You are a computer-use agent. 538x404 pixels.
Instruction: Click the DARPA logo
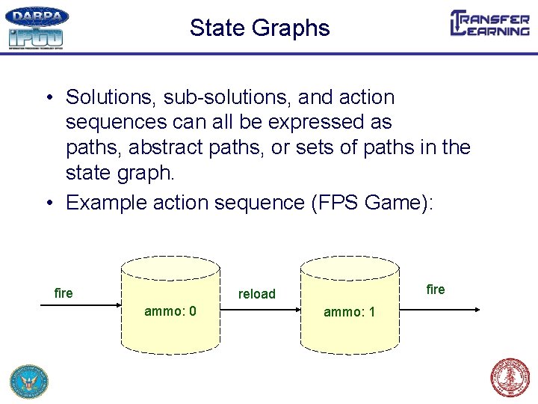click(x=37, y=17)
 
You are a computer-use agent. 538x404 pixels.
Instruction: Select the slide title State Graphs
click(x=259, y=28)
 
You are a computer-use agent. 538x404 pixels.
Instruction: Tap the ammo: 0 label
click(x=170, y=311)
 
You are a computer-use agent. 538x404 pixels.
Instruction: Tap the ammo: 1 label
click(x=349, y=311)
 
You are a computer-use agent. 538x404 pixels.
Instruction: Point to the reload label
click(x=256, y=294)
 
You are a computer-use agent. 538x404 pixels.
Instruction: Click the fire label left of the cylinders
click(x=64, y=293)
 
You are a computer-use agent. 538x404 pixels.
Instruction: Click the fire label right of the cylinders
click(x=435, y=290)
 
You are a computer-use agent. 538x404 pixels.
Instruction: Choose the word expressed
click(x=299, y=122)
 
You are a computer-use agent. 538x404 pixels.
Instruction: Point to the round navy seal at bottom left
click(x=28, y=380)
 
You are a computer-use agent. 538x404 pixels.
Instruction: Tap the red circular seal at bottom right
click(x=510, y=378)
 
